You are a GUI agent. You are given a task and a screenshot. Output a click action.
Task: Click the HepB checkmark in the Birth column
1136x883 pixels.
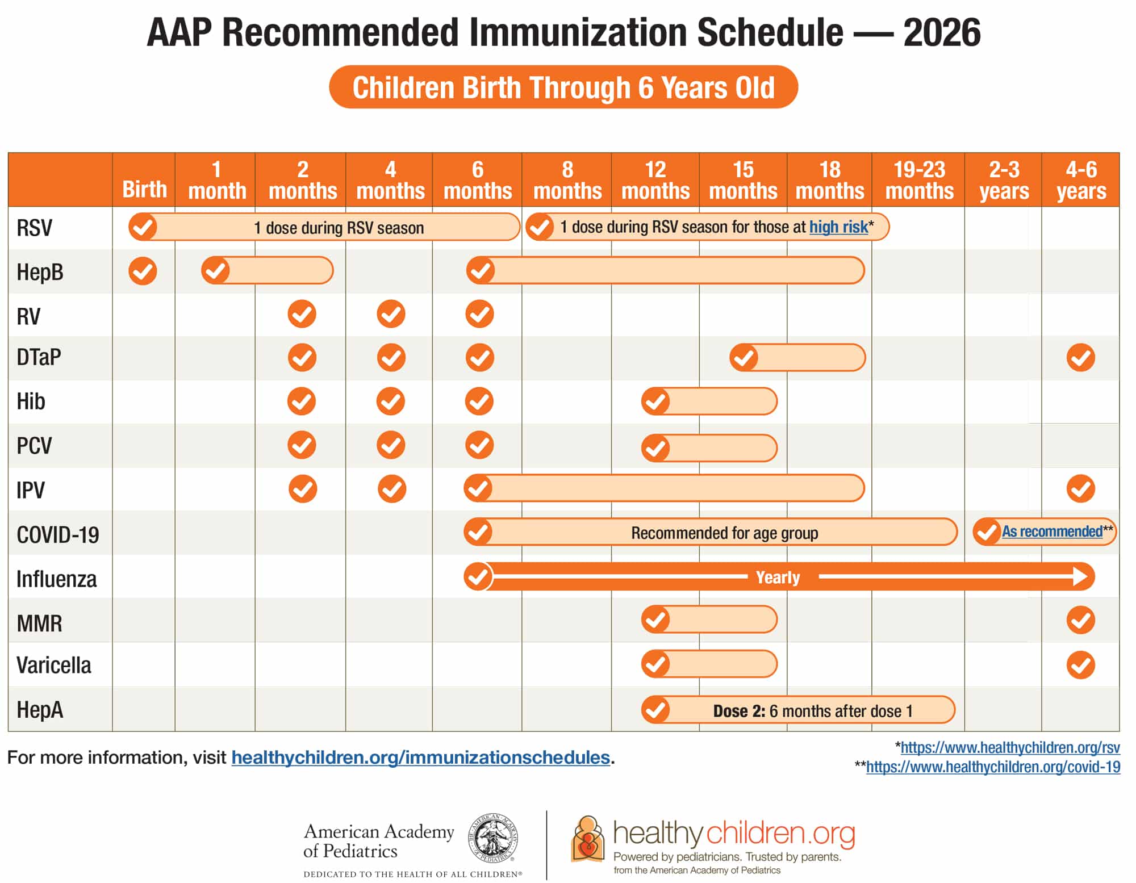[x=143, y=271]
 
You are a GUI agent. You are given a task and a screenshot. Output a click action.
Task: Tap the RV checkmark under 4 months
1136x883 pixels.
[x=391, y=314]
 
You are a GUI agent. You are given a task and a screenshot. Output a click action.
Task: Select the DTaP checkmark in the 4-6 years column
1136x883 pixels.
[x=1080, y=358]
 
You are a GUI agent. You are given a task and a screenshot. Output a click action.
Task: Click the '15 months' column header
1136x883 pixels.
[x=743, y=180]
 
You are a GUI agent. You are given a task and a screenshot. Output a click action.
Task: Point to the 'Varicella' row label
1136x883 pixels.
[x=54, y=665]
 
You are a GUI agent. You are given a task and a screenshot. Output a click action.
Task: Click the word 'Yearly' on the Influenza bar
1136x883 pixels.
[x=778, y=577]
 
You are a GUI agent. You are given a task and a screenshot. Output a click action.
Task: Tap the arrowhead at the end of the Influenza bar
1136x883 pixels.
[x=1081, y=577]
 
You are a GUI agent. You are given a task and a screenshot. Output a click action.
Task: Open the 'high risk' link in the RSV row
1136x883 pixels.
[x=838, y=227]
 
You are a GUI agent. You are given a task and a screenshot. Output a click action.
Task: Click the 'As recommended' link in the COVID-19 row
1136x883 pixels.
[x=1051, y=532]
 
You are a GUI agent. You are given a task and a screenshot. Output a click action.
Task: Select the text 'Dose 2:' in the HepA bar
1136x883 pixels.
[x=739, y=711]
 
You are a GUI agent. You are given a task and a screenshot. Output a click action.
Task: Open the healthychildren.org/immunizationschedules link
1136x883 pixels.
[x=420, y=758]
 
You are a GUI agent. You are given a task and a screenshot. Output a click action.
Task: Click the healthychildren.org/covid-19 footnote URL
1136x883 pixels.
[x=993, y=767]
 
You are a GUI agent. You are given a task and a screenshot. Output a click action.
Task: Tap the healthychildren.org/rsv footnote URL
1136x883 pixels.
[x=1010, y=748]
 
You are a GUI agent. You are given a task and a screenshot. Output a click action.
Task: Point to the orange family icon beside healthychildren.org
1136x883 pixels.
[x=588, y=839]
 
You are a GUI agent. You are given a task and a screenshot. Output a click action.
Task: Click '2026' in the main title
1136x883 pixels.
[x=942, y=32]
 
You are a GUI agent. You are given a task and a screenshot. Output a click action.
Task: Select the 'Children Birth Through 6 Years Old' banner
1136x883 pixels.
[x=563, y=87]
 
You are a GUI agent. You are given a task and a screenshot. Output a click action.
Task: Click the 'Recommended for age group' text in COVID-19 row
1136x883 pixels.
[x=724, y=533]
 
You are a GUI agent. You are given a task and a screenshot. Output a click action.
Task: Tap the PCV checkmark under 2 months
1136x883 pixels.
[x=302, y=445]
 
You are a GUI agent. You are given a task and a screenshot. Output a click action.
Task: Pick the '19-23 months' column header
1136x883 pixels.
[x=919, y=180]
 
